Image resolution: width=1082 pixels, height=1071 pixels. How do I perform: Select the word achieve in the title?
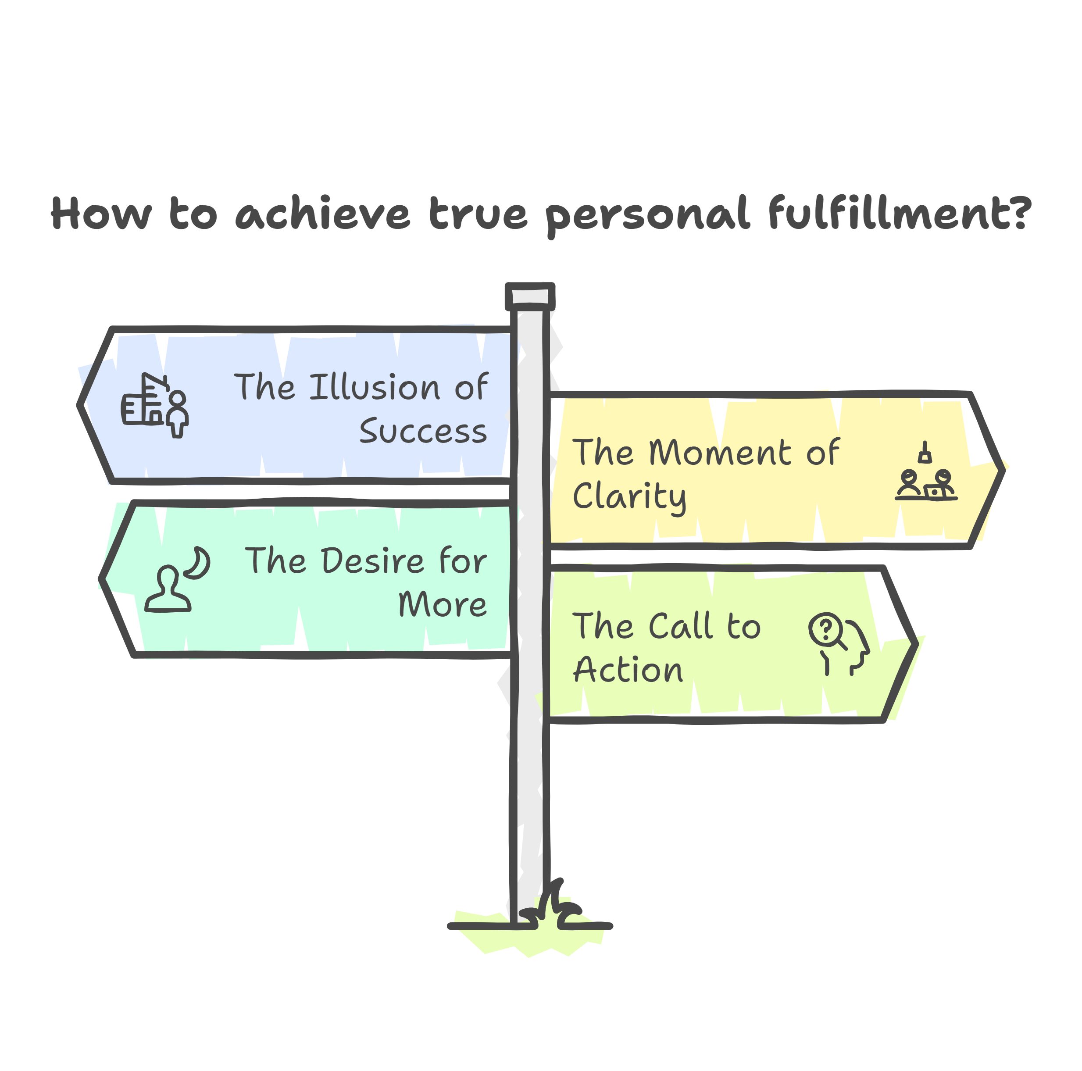[x=323, y=214]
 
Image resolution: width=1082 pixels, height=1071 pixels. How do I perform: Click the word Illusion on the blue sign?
[x=375, y=387]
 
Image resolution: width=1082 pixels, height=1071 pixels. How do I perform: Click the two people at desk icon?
[x=926, y=483]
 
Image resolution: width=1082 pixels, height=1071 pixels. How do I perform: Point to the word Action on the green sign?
[x=628, y=670]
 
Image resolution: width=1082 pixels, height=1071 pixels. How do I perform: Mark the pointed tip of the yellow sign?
[x=1003, y=469]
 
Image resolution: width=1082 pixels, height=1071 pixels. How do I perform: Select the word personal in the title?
[x=647, y=215]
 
